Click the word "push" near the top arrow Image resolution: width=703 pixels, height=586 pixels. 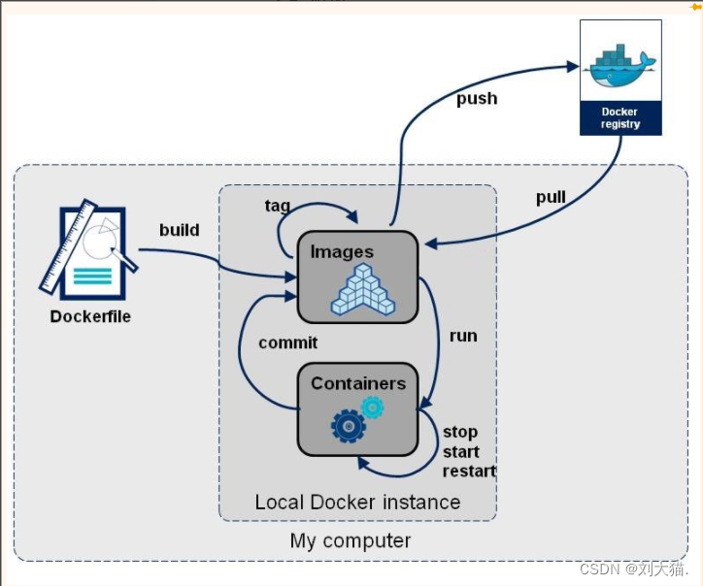[x=477, y=98]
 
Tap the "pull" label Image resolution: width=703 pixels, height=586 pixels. [x=551, y=198]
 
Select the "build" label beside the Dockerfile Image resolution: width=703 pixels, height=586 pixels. [x=180, y=230]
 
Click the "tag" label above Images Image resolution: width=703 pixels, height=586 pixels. [x=278, y=206]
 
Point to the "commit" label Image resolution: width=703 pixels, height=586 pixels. [x=287, y=342]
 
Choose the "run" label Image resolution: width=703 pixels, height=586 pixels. [x=463, y=336]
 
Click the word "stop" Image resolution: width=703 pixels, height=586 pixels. [x=460, y=432]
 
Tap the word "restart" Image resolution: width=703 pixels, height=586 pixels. [x=469, y=472]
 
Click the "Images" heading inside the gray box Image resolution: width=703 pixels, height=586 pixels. [x=342, y=252]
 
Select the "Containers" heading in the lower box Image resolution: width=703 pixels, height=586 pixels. [x=357, y=383]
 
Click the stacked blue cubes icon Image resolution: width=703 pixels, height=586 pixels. [x=362, y=291]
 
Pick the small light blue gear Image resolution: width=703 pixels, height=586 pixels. [x=372, y=407]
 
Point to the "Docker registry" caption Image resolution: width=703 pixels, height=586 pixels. [x=620, y=118]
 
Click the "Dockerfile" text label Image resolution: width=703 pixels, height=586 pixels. [x=90, y=316]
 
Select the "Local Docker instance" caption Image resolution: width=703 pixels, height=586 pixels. [x=357, y=503]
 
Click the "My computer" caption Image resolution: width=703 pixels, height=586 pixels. [x=351, y=540]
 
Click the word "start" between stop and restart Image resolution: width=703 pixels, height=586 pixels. [x=461, y=452]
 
